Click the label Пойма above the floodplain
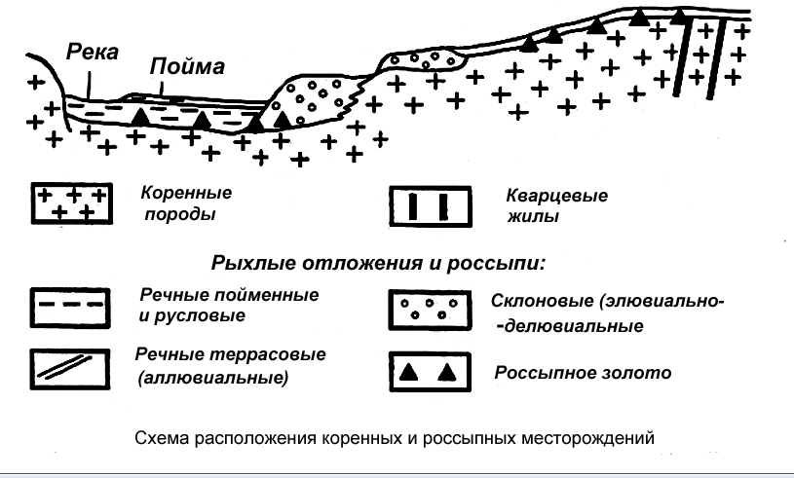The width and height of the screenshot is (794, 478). point(187,67)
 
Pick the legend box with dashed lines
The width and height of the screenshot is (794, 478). point(68,305)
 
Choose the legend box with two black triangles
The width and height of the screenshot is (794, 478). point(427,373)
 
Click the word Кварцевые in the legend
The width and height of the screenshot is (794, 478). point(556,197)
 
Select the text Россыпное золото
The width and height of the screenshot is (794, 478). point(569,373)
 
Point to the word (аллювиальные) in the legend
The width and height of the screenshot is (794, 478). point(214,377)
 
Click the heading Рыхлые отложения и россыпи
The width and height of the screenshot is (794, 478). point(376,263)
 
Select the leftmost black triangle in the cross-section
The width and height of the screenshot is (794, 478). point(141,117)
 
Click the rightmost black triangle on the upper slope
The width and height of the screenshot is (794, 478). point(639,17)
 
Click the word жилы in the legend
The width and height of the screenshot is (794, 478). point(539,217)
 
